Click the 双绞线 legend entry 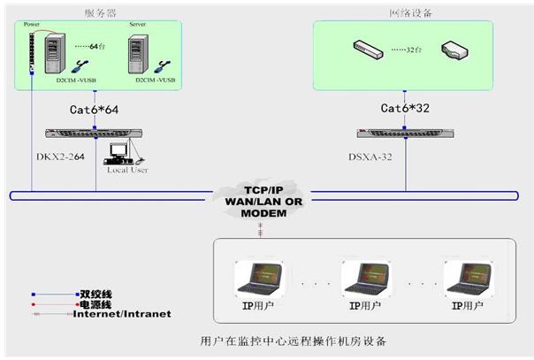pyautogui.click(x=97, y=292)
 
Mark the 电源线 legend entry pyautogui.click(x=97, y=303)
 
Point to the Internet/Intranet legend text pyautogui.click(x=122, y=314)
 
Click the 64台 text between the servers pyautogui.click(x=86, y=44)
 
